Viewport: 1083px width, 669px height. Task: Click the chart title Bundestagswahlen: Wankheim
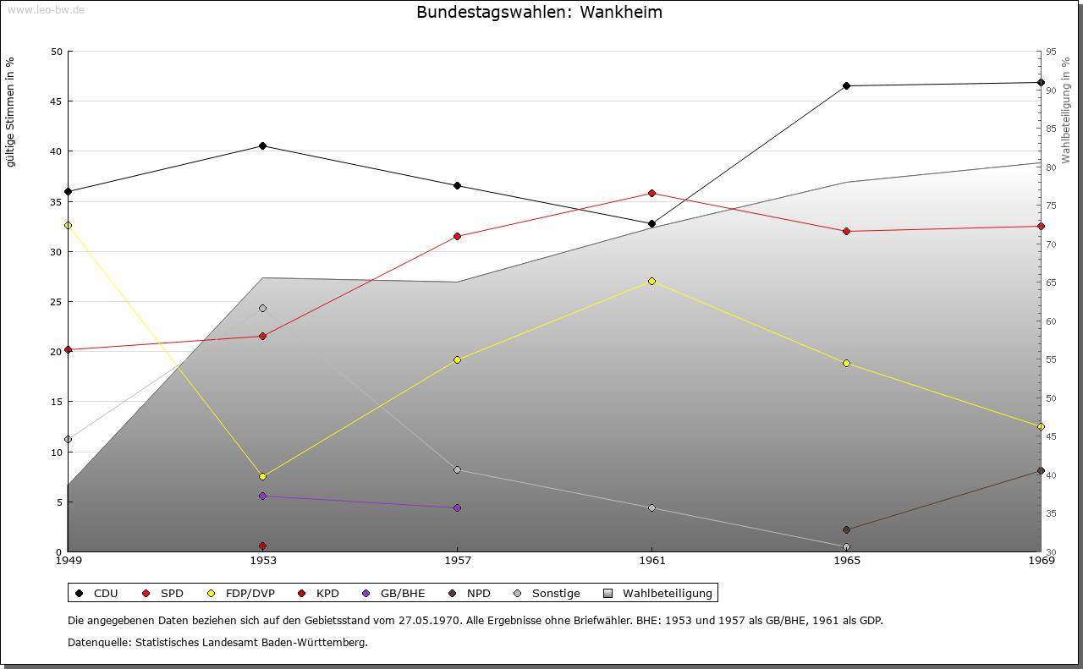(539, 13)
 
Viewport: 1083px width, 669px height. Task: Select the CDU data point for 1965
(846, 85)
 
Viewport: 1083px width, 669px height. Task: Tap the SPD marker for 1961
(651, 193)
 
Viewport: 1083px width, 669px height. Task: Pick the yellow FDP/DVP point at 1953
(262, 476)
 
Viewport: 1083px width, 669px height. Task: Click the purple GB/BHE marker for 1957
(457, 507)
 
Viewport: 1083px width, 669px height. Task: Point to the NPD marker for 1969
(1041, 470)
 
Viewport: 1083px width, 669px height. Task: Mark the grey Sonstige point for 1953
(262, 308)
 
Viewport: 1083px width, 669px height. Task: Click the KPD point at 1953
(262, 546)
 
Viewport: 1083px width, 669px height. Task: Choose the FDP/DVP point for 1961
(651, 281)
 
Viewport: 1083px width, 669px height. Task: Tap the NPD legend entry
(470, 593)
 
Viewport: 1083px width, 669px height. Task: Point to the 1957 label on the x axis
(458, 560)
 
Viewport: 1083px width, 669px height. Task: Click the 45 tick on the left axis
(57, 101)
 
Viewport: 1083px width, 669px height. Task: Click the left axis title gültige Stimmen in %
(11, 112)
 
